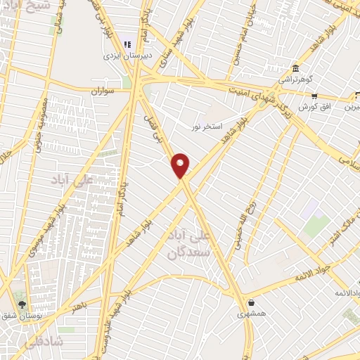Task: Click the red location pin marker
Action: point(181,166)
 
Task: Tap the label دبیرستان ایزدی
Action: point(123,54)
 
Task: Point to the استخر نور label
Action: point(208,127)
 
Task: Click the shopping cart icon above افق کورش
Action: point(314,96)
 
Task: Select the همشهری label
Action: point(250,314)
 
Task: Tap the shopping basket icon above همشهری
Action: point(250,303)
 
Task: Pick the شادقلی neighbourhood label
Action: point(24,344)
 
